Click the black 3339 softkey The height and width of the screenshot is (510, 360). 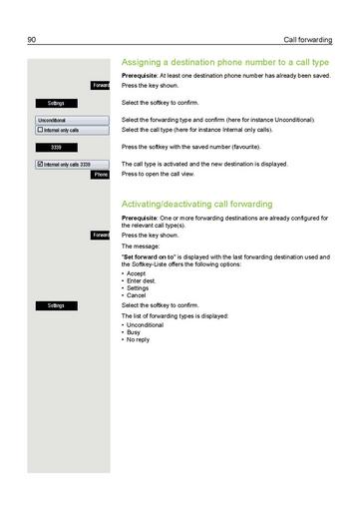[56, 147]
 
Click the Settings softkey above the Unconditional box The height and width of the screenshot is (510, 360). [56, 103]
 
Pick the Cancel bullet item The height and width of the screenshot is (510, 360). [137, 295]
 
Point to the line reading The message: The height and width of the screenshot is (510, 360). [140, 246]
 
